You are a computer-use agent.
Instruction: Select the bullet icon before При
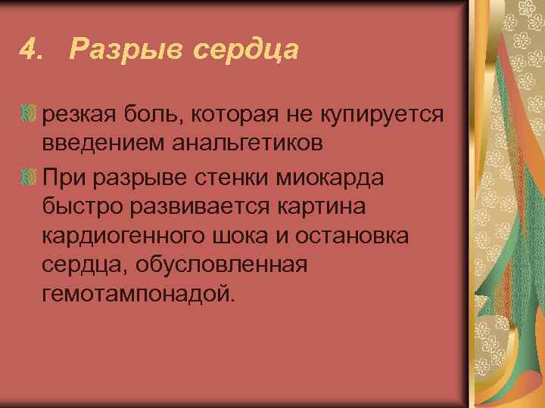tap(29, 178)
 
